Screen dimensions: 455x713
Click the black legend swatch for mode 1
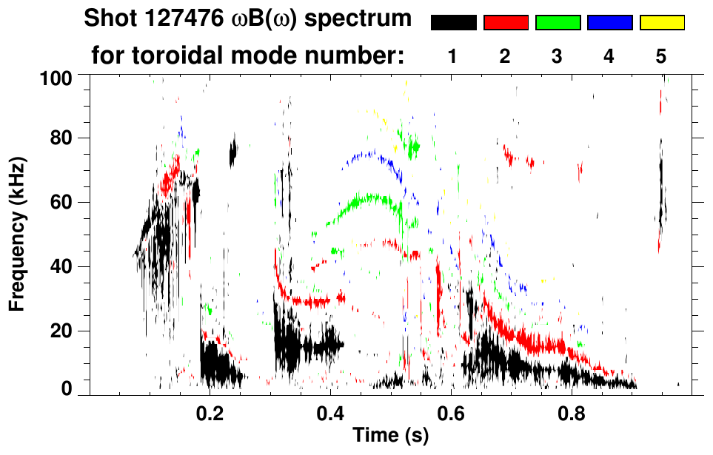pyautogui.click(x=453, y=23)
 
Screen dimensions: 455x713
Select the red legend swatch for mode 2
pyautogui.click(x=506, y=23)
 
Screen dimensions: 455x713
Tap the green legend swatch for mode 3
pyautogui.click(x=558, y=23)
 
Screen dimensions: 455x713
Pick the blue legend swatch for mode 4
pyautogui.click(x=609, y=23)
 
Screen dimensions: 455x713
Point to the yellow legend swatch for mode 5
pyautogui.click(x=662, y=23)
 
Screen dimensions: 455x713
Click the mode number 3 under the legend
pyautogui.click(x=558, y=56)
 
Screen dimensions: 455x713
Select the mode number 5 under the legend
pyautogui.click(x=661, y=56)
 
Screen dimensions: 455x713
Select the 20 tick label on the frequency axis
pyautogui.click(x=60, y=331)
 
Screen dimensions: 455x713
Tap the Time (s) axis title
pyautogui.click(x=389, y=437)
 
